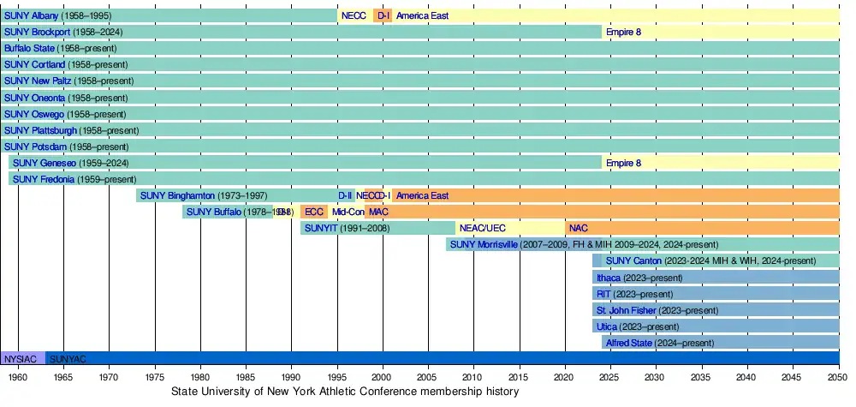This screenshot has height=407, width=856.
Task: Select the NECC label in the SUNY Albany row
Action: pos(354,15)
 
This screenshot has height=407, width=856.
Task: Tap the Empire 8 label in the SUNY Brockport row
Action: pos(623,32)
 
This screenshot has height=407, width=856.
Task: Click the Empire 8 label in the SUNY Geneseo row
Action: pos(623,163)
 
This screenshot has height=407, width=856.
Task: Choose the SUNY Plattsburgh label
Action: pos(40,130)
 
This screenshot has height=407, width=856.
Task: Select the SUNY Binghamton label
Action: pos(177,195)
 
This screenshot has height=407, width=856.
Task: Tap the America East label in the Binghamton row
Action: pos(422,195)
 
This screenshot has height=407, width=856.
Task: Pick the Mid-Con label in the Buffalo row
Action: pos(348,212)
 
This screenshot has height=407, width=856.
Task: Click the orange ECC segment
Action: pos(314,212)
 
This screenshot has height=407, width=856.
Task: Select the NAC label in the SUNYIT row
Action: pos(579,228)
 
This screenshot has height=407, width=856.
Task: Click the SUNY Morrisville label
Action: pos(484,244)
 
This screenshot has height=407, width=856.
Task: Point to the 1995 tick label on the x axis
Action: pos(337,376)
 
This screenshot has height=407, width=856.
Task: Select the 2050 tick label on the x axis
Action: pos(839,376)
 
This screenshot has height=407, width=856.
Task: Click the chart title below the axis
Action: pos(345,392)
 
